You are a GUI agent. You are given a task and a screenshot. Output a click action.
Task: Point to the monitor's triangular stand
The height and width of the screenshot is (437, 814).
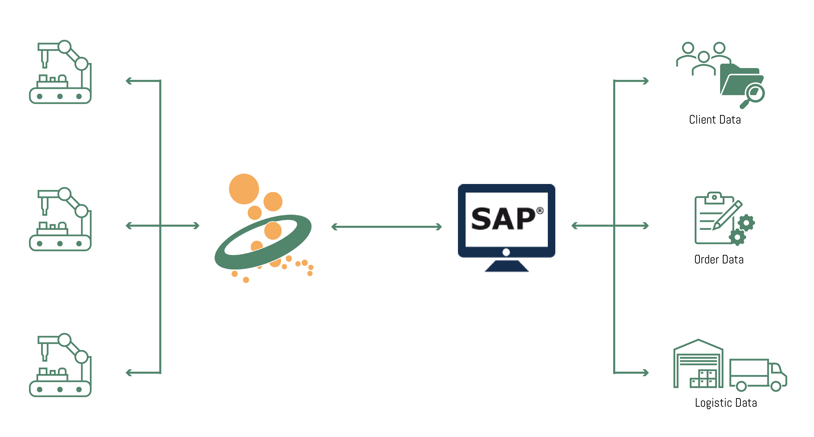click(506, 266)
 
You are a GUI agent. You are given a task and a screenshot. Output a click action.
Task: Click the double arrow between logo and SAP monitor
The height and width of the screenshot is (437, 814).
click(386, 226)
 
